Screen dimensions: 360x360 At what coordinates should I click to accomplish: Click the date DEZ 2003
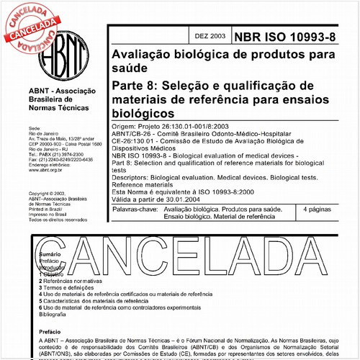point(210,35)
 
